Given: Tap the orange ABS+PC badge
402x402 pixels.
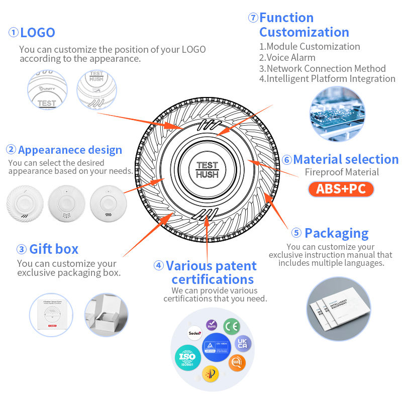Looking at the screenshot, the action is point(341,189).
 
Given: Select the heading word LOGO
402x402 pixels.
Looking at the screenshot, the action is point(38,33).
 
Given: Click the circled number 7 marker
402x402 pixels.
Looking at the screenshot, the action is point(253,18).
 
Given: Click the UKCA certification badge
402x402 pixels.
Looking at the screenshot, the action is point(243,344).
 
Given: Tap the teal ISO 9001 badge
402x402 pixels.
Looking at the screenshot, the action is point(186,357).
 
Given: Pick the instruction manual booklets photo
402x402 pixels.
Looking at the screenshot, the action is point(338,310).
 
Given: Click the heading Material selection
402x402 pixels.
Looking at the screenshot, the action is point(346,160).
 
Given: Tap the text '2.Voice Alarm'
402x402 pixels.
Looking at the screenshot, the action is point(287,57).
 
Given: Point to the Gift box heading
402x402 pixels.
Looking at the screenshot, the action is point(54,249).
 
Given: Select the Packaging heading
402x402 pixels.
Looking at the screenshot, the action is point(336,233).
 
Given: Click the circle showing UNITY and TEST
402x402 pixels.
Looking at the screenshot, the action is point(47,89).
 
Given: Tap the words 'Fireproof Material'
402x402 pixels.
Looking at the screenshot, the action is point(341,172).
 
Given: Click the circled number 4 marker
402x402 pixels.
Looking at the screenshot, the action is point(159,266).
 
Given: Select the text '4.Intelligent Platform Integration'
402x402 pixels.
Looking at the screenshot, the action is point(327,79).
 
